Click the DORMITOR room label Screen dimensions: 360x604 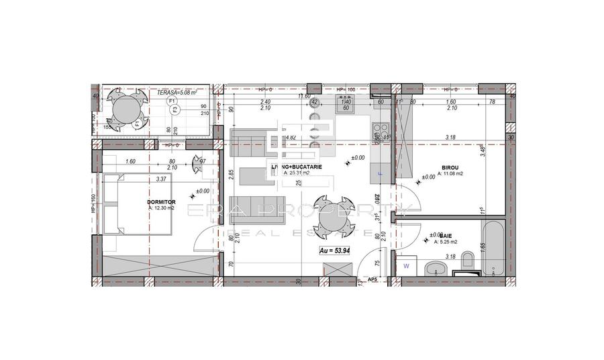pyautogui.click(x=161, y=201)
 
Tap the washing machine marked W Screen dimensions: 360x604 pyautogui.click(x=407, y=266)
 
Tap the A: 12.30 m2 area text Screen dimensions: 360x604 pyautogui.click(x=161, y=208)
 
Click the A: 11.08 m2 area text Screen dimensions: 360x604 pyautogui.click(x=450, y=174)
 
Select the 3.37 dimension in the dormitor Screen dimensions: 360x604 pyautogui.click(x=161, y=179)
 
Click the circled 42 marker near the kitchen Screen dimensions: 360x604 pyautogui.click(x=314, y=101)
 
